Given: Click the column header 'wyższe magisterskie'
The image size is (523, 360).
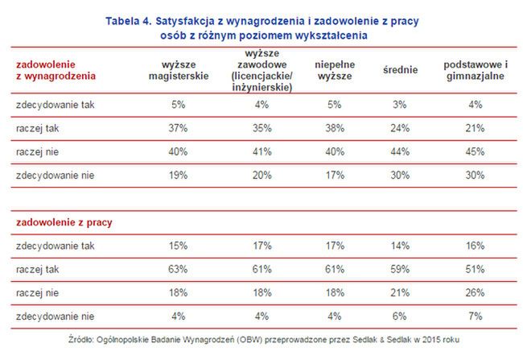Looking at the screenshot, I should pos(179,70).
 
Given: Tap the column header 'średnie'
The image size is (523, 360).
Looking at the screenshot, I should pos(401,70).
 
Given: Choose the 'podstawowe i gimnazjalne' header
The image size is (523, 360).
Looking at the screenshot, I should pos(474,70).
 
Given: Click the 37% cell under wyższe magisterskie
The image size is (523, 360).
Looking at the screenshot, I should pos(179,128).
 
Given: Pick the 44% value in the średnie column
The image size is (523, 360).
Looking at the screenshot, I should pos(401,151).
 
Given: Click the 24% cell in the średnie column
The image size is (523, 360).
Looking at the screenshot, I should pos(401,128).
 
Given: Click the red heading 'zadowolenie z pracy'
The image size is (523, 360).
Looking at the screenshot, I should pos(67,218).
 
